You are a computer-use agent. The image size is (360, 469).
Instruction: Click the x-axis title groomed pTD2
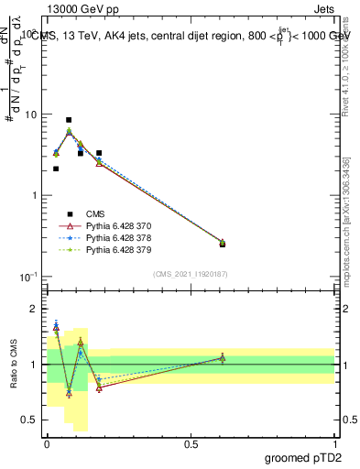tap(303, 458)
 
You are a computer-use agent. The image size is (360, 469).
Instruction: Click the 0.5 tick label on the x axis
tap(191, 442)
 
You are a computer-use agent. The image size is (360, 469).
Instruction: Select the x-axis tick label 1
tap(334, 442)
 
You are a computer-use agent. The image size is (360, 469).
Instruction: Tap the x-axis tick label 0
tap(47, 442)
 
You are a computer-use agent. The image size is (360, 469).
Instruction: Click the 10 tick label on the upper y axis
tap(30, 115)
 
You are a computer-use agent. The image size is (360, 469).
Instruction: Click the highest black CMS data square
tap(69, 120)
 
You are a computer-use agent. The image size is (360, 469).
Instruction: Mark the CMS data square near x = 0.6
tap(223, 244)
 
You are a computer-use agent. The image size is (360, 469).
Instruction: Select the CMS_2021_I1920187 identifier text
tap(191, 274)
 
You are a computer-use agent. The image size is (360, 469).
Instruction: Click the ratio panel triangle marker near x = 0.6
tap(223, 357)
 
